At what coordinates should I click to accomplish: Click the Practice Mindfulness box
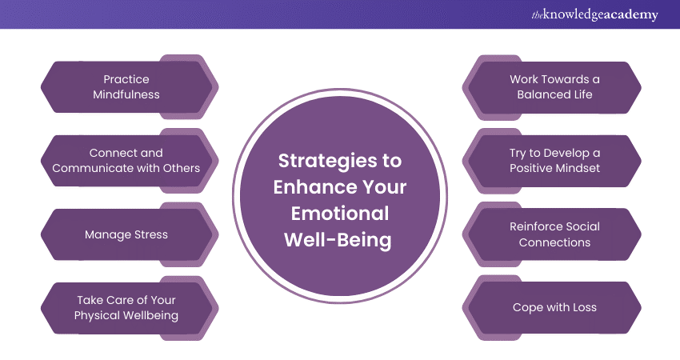pyautogui.click(x=126, y=87)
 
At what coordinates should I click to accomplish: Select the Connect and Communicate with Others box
pyautogui.click(x=126, y=160)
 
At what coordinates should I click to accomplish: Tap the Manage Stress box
pyautogui.click(x=126, y=234)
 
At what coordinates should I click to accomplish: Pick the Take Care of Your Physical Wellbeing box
pyautogui.click(x=126, y=307)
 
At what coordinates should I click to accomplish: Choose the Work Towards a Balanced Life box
pyautogui.click(x=554, y=87)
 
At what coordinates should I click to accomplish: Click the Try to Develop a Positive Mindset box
pyautogui.click(x=554, y=160)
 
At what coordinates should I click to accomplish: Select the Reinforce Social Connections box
pyautogui.click(x=554, y=234)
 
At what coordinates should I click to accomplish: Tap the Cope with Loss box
pyautogui.click(x=554, y=307)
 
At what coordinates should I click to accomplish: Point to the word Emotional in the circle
pyautogui.click(x=339, y=214)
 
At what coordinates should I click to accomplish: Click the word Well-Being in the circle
pyautogui.click(x=339, y=240)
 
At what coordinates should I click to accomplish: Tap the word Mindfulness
pyautogui.click(x=126, y=94)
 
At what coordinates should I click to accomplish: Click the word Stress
pyautogui.click(x=146, y=234)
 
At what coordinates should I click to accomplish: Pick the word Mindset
pyautogui.click(x=576, y=168)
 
